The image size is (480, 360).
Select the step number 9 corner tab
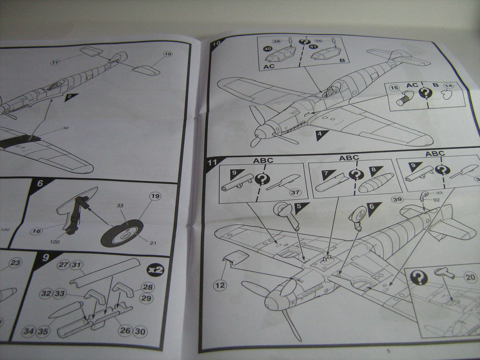(x=45, y=257)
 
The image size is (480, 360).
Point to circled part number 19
(x=155, y=196)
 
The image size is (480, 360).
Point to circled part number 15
(x=395, y=88)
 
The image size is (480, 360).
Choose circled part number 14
(x=448, y=86)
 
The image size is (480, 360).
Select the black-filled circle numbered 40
(x=266, y=49)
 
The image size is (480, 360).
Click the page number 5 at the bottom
(x=388, y=351)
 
